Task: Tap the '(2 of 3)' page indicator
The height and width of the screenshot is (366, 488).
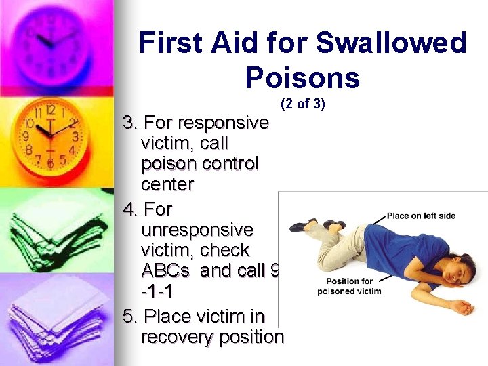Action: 303,104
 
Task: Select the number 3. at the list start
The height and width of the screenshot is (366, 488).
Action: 131,123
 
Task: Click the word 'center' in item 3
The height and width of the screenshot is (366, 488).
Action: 167,184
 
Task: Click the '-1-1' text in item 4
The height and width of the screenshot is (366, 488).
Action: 158,291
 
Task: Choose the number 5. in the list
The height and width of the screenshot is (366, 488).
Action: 131,316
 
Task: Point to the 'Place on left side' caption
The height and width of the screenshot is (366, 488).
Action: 421,216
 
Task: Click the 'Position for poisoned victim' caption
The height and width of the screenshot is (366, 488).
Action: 350,286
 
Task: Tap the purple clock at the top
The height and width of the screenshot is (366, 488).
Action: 54,41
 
